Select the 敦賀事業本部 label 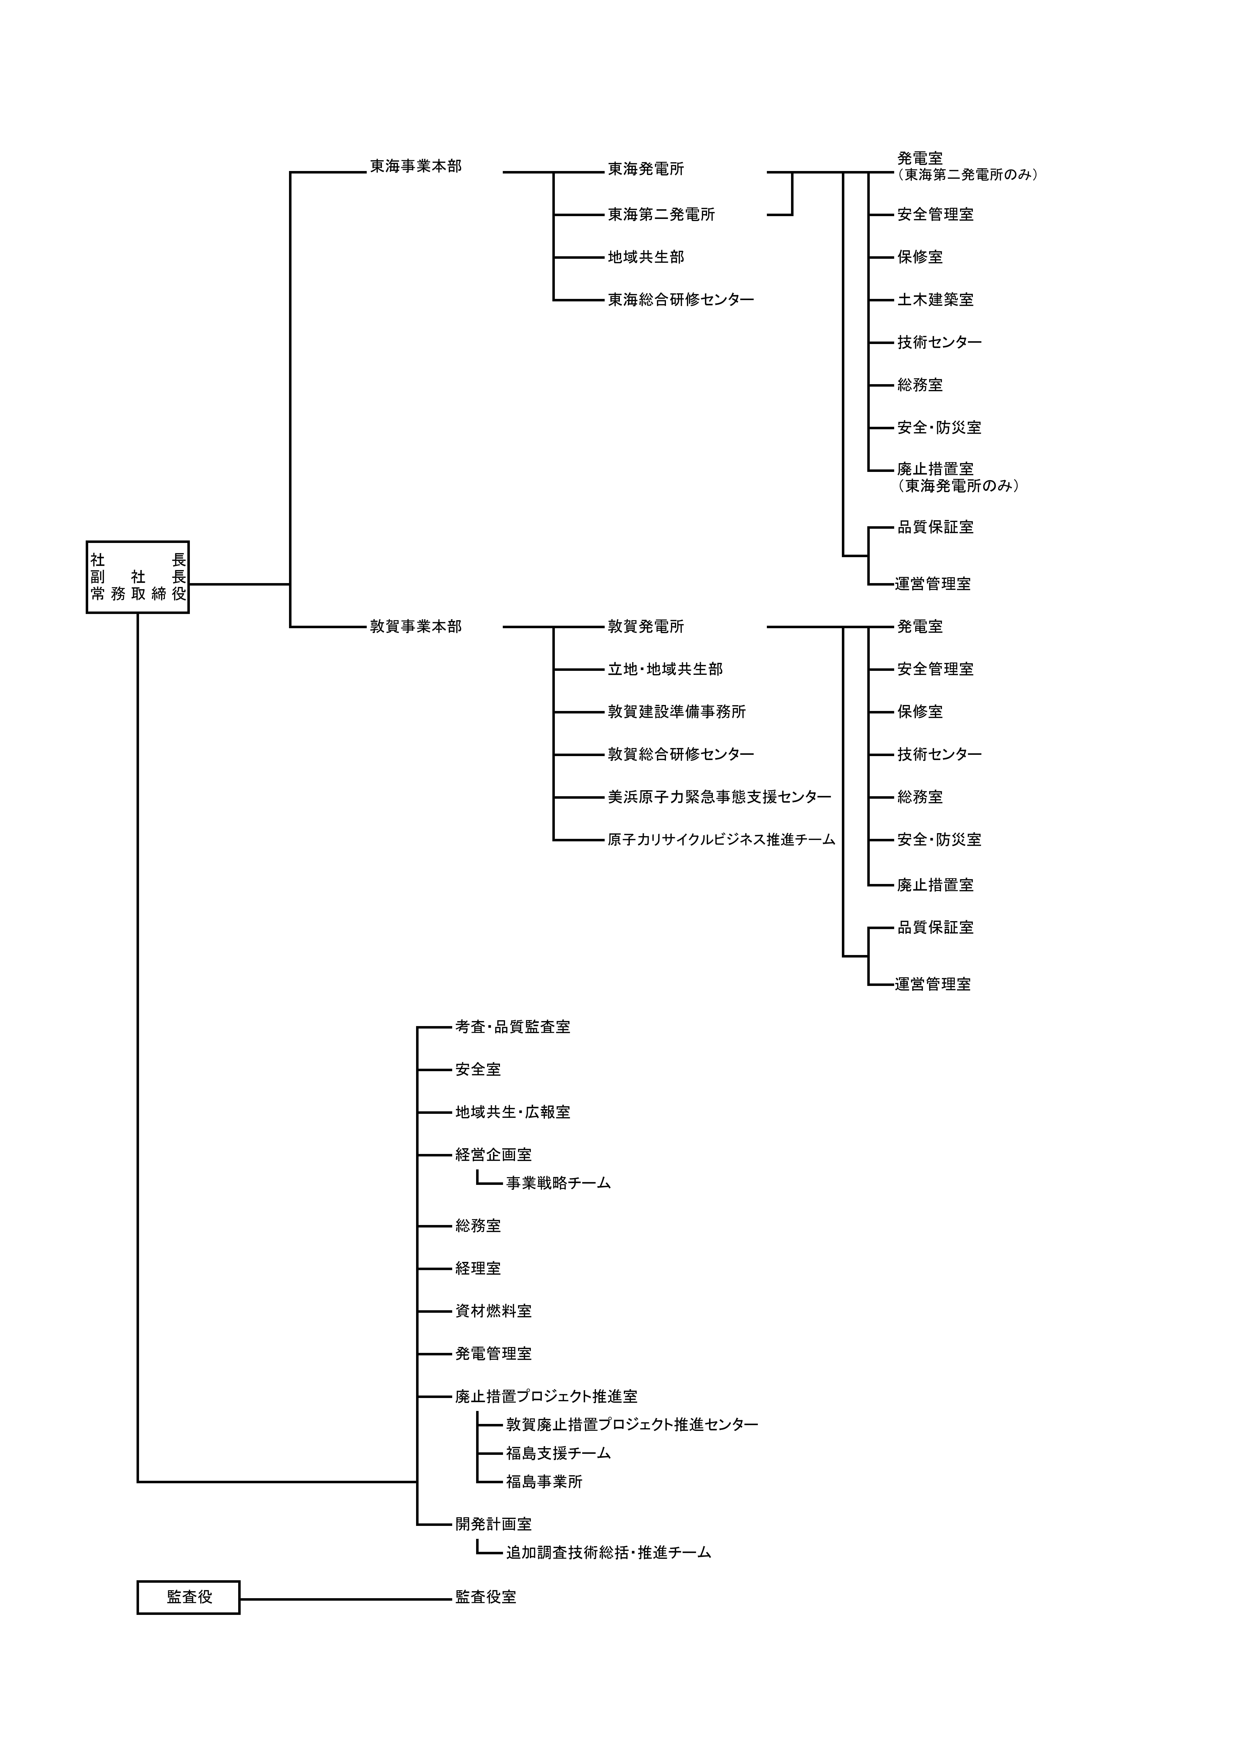[416, 627]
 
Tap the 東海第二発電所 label [661, 215]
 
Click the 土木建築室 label [935, 300]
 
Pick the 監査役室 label [486, 1597]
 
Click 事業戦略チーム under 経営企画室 [558, 1184]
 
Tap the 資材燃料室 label [494, 1311]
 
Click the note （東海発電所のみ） [959, 486]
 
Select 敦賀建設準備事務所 [676, 712]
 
